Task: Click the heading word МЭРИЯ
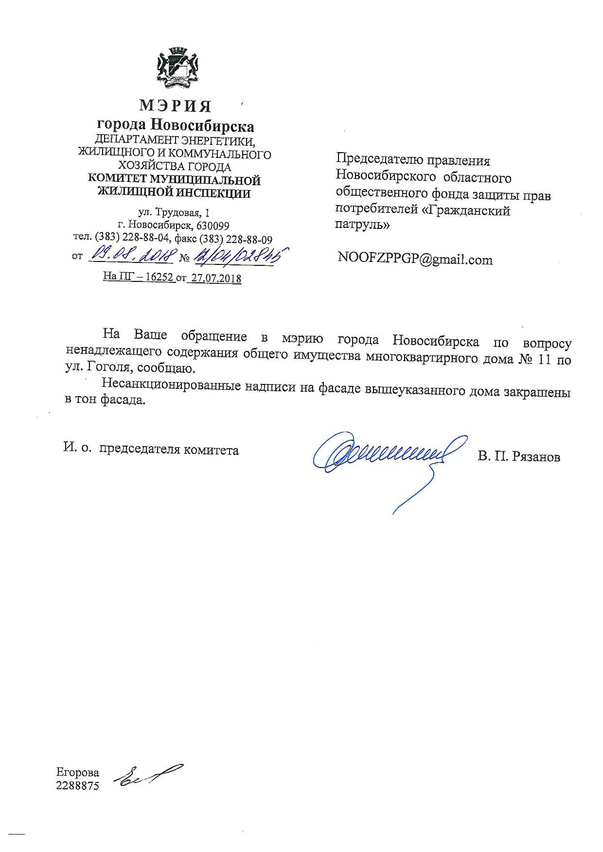point(176,105)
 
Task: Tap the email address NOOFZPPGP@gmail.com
point(415,260)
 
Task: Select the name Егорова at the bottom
point(78,772)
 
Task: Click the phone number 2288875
point(78,785)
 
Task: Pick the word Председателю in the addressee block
point(377,159)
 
